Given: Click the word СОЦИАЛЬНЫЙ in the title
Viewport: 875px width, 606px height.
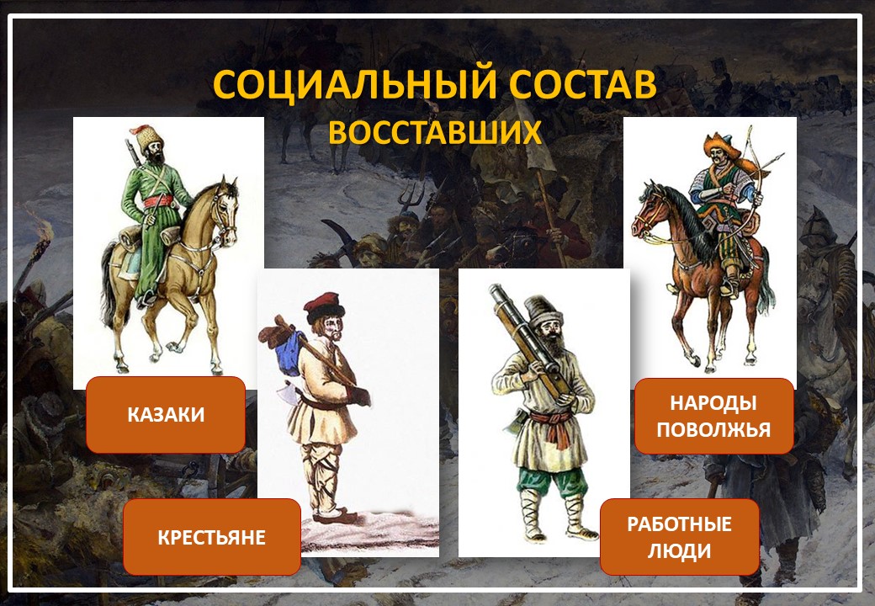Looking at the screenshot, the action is pos(354,84).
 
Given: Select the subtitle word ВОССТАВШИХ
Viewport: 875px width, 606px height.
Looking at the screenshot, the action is pos(435,132).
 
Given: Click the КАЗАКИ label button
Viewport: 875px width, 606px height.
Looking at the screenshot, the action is pos(166,415).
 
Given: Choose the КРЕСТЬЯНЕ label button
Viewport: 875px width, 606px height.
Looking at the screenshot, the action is pos(211,537).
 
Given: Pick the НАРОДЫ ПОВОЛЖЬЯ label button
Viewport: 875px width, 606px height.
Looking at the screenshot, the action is pos(713,417).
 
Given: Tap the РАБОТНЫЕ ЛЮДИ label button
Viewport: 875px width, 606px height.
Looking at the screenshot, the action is pos(679,537).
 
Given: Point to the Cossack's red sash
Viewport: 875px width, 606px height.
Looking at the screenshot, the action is pos(160,200).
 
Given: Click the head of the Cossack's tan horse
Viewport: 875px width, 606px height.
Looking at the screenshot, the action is pos(227,210).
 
